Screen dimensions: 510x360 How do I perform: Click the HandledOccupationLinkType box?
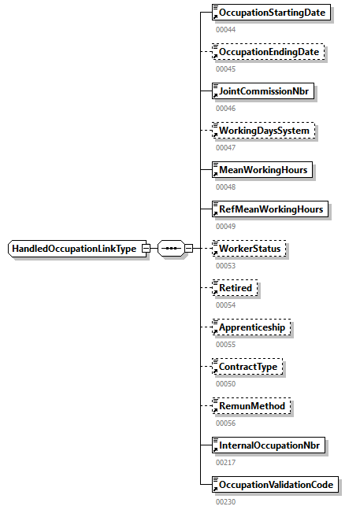click(x=75, y=249)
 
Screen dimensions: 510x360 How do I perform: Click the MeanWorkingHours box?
click(x=263, y=170)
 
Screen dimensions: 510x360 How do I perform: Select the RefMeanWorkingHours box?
click(x=271, y=209)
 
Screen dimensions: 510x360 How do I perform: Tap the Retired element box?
click(x=236, y=288)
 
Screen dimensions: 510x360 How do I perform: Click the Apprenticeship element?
click(x=252, y=327)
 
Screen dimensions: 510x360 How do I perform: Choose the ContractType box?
click(x=249, y=366)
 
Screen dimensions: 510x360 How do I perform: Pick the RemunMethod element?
click(x=252, y=405)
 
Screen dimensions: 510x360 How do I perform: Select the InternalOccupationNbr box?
click(x=271, y=445)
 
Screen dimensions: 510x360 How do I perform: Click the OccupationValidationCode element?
click(x=276, y=484)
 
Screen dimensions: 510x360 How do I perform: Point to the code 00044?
click(x=225, y=29)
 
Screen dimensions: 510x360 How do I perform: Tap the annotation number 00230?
click(x=225, y=501)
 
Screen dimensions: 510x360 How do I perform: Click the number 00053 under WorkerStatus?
click(x=225, y=265)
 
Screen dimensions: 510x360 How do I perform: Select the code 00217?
click(x=225, y=461)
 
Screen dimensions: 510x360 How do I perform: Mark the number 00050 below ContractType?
click(x=225, y=382)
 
